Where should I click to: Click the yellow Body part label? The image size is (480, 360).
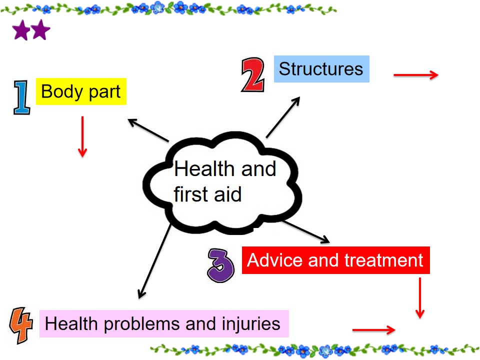[81, 91]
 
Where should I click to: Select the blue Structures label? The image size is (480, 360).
[321, 69]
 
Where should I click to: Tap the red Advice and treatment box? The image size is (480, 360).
[336, 260]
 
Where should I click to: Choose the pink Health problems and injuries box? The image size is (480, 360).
[164, 323]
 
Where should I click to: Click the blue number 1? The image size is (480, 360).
[21, 97]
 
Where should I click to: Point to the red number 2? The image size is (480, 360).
[253, 74]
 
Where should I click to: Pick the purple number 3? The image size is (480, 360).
[220, 265]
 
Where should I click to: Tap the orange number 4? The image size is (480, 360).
[21, 325]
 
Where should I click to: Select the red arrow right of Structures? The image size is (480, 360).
[416, 75]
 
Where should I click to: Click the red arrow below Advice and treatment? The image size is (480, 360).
[420, 298]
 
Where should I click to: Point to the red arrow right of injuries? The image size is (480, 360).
[374, 329]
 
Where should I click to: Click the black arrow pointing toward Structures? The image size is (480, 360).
[283, 117]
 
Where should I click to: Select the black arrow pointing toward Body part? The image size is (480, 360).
[148, 130]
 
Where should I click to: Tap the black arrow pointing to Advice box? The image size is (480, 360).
[306, 232]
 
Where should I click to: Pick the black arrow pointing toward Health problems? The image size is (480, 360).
[154, 261]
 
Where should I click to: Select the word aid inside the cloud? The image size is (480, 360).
[228, 194]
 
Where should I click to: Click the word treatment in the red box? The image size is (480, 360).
[384, 260]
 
